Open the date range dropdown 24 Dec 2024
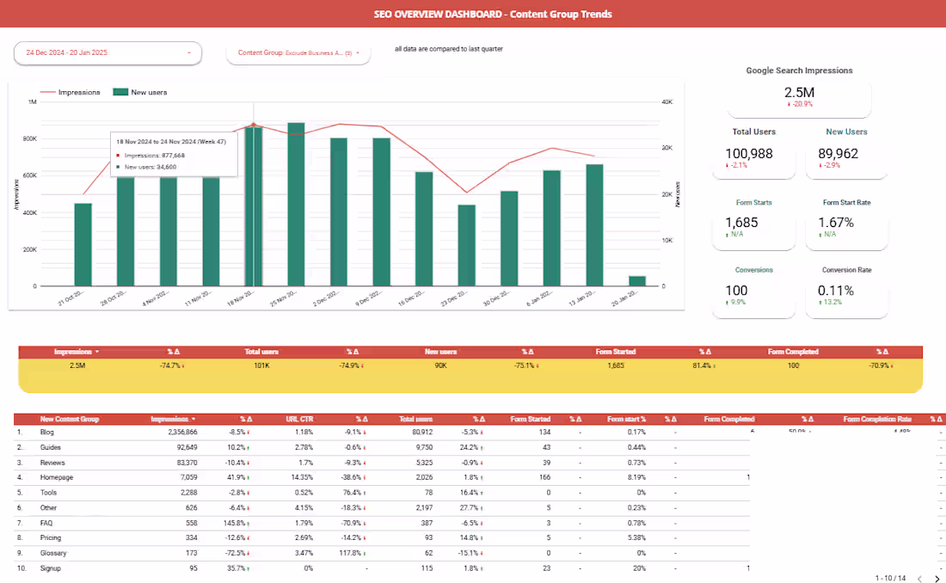[107, 53]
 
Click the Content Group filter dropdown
[298, 53]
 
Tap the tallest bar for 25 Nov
[296, 206]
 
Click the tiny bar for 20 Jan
[637, 281]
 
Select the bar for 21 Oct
[83, 245]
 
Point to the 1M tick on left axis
[32, 101]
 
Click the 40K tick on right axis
[666, 101]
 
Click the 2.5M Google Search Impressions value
[799, 93]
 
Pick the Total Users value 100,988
[749, 154]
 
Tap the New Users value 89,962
[839, 154]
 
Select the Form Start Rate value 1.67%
[835, 223]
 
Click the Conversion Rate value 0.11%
[836, 291]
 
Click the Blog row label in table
[47, 432]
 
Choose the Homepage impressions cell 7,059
[184, 477]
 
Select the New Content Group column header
[70, 419]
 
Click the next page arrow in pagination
[937, 579]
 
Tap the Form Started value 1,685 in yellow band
[616, 365]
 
